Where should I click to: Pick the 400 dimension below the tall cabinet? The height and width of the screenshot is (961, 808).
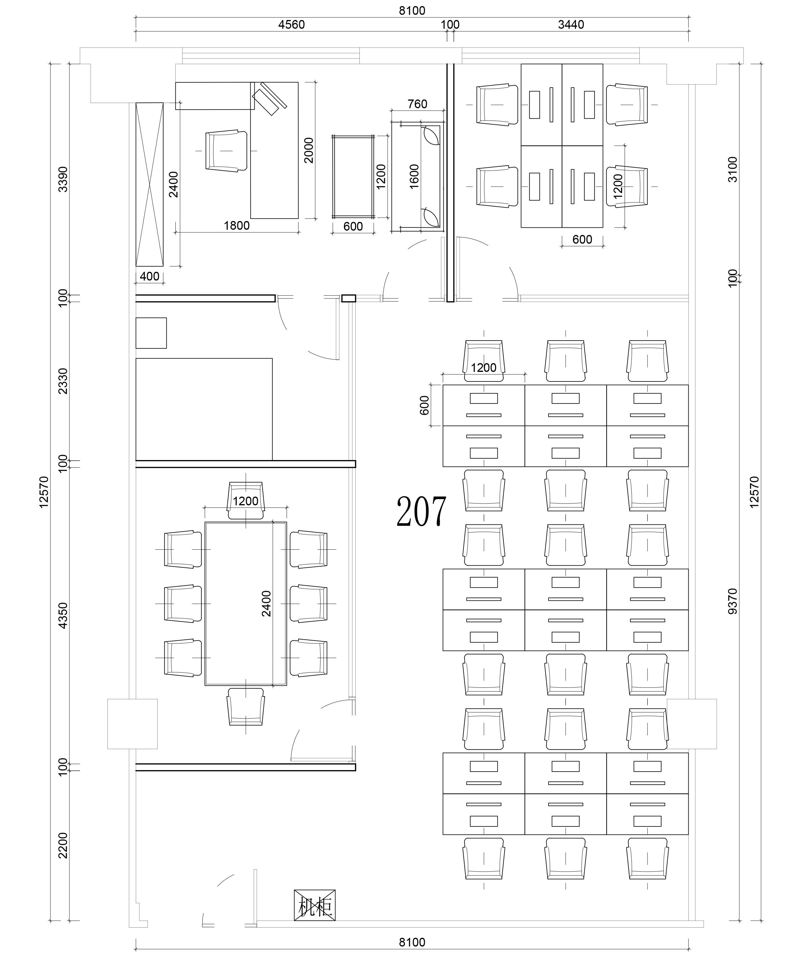pos(149,276)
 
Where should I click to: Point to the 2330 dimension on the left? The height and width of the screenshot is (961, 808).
pos(63,381)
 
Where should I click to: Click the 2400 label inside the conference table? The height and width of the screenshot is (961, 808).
pos(266,603)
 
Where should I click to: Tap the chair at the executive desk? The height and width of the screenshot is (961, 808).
pos(226,151)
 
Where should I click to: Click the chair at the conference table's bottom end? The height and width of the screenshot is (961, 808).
pos(246,707)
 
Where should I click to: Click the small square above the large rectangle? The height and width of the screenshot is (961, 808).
pos(151,333)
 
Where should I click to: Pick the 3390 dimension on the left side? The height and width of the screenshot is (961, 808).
pos(63,179)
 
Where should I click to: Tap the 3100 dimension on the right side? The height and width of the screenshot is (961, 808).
pos(733,169)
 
